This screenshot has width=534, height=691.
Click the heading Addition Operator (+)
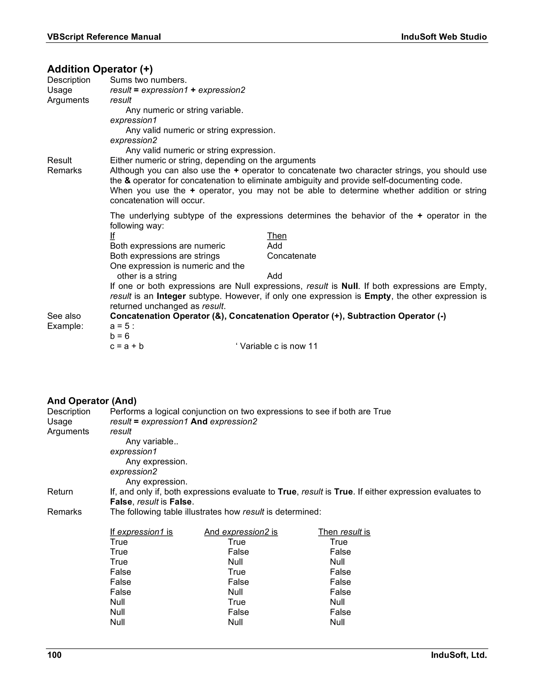(100, 69)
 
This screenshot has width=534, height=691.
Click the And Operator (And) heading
(92, 401)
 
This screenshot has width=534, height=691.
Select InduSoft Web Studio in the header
(444, 37)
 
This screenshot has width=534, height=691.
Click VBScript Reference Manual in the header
(104, 37)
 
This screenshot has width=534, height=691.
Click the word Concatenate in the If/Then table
(291, 256)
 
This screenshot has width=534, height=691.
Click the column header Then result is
(344, 532)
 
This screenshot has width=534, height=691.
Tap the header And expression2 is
(241, 532)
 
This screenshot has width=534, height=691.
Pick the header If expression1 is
(141, 532)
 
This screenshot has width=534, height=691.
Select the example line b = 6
(120, 336)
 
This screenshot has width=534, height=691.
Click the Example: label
(65, 326)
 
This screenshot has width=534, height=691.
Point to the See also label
(64, 316)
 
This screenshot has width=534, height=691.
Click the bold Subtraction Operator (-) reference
(396, 316)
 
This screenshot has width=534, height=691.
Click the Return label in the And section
(60, 492)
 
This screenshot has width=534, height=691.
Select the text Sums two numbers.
(148, 80)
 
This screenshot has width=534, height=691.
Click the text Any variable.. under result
(152, 441)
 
